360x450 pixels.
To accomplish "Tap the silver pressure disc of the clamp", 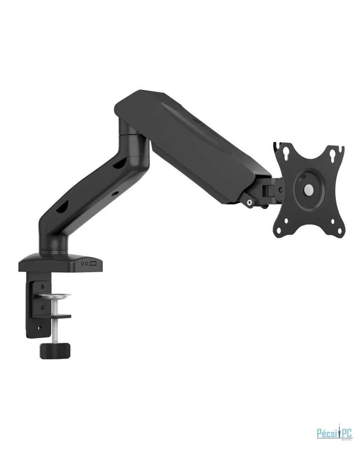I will [x=56, y=296].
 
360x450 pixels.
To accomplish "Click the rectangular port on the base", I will [x=93, y=263].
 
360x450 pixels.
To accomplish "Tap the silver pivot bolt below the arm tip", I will [x=249, y=202].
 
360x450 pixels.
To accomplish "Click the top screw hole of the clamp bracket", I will [x=42, y=286].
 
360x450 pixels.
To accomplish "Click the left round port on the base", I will [x=82, y=263].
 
